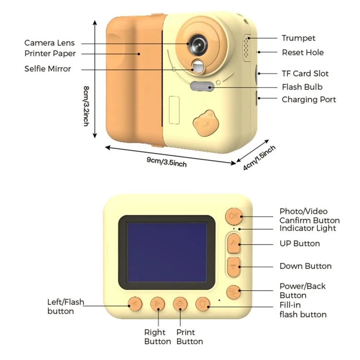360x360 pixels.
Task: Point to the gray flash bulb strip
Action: tap(202, 86)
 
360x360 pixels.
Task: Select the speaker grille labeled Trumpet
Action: tap(247, 48)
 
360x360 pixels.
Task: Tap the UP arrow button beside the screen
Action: tap(234, 244)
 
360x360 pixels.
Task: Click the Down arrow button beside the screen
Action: tap(234, 266)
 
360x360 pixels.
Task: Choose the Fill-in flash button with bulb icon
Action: tap(202, 304)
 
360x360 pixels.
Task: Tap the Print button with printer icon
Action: tap(180, 304)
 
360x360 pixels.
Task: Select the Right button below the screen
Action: tap(158, 304)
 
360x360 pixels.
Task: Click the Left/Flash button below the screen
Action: tap(135, 304)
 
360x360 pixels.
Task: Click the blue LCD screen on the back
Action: tap(167, 252)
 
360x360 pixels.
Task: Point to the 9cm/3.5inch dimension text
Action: tap(167, 162)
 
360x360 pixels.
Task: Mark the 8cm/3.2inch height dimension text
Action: tap(86, 106)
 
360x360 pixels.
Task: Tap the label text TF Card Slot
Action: tap(305, 73)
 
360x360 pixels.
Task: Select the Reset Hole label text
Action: tap(303, 52)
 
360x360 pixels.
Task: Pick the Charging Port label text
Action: tap(309, 100)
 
